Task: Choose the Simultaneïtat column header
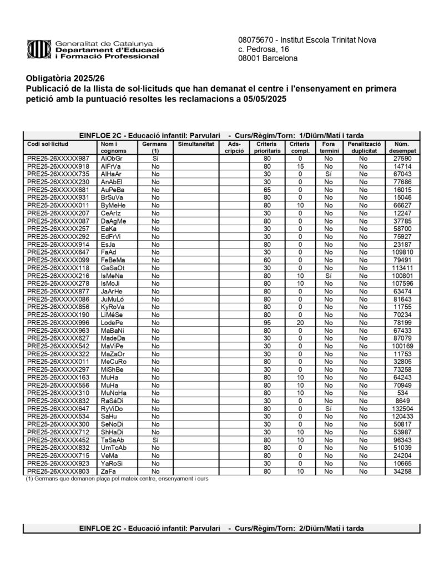coord(195,144)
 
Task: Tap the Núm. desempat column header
coord(401,147)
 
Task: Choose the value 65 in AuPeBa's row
coord(267,190)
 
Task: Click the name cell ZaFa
coord(108,471)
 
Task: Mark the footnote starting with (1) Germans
coord(117,479)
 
